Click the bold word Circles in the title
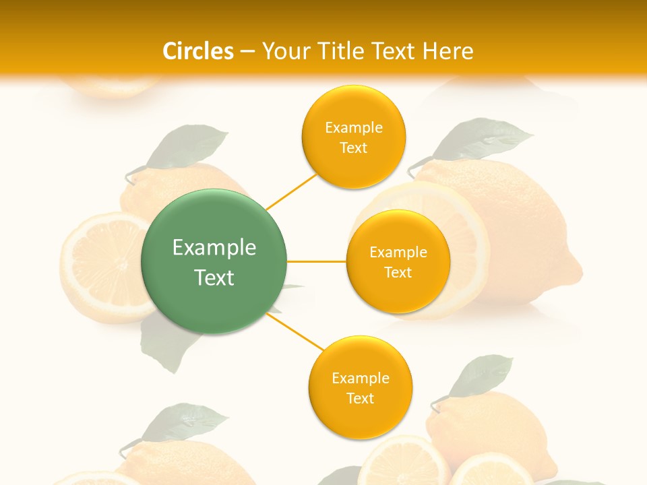click(197, 51)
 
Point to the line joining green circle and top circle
click(291, 191)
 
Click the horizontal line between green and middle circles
click(316, 261)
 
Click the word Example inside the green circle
click(214, 248)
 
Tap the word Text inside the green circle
click(214, 278)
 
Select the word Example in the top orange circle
click(354, 128)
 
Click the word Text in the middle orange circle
click(398, 272)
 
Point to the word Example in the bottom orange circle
click(361, 378)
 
